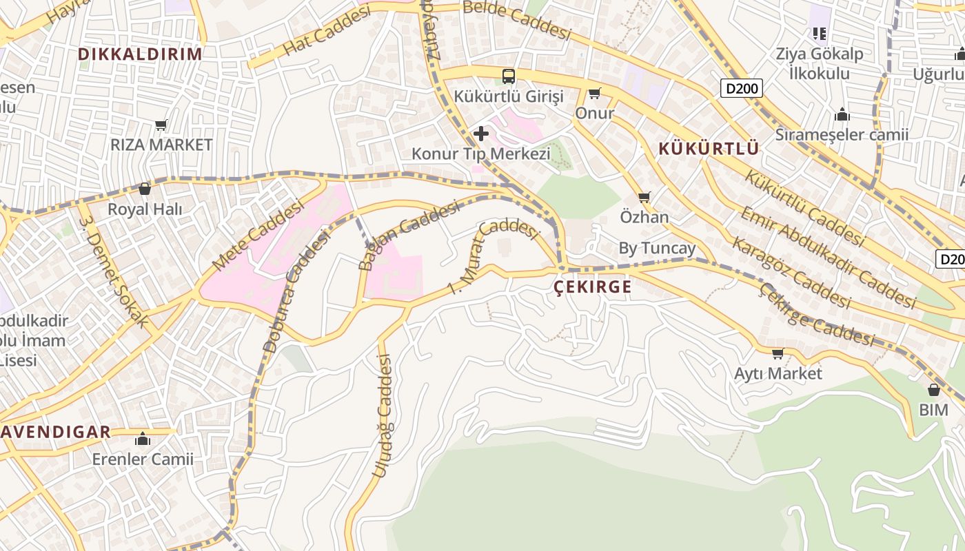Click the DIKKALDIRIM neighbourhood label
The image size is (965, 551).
[140, 54]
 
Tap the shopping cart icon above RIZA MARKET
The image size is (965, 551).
[161, 125]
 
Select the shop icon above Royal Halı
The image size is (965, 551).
[145, 189]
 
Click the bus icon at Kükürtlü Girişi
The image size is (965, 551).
[509, 76]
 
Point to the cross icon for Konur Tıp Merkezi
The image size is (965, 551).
[481, 133]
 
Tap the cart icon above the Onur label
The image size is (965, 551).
[594, 93]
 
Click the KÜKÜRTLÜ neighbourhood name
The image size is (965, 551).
[709, 148]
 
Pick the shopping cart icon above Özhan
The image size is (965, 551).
[644, 198]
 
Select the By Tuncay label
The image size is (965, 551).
[657, 248]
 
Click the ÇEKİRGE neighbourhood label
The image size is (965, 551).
[593, 287]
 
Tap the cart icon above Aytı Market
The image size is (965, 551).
[778, 353]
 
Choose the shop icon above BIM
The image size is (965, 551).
[934, 390]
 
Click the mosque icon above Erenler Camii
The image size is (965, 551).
[143, 439]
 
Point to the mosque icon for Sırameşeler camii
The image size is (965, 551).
[842, 114]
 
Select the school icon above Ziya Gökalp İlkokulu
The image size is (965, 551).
[820, 33]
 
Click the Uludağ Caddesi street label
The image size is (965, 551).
[382, 415]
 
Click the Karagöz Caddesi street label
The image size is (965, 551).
[791, 272]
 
